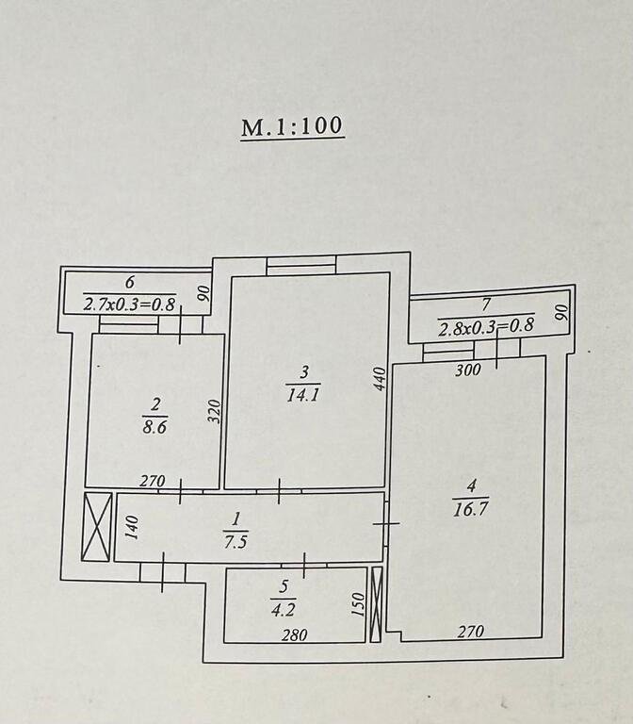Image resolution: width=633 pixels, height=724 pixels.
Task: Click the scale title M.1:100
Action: (292, 127)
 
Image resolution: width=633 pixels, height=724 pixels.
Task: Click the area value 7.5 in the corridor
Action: (236, 541)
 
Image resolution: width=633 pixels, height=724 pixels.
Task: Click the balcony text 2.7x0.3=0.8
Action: (130, 304)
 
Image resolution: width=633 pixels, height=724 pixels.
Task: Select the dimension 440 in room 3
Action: (379, 380)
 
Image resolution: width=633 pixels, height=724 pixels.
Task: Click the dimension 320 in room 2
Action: (214, 411)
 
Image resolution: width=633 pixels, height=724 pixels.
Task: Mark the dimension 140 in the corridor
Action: (133, 527)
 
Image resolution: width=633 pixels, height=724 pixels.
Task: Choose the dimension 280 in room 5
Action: (295, 635)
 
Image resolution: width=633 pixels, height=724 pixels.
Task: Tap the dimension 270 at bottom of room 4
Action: (472, 633)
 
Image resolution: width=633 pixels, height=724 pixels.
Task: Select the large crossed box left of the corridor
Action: (97, 526)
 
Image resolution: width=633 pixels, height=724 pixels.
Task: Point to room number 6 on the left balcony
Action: (130, 282)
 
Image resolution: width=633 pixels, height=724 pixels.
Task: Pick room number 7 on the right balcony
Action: (486, 304)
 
